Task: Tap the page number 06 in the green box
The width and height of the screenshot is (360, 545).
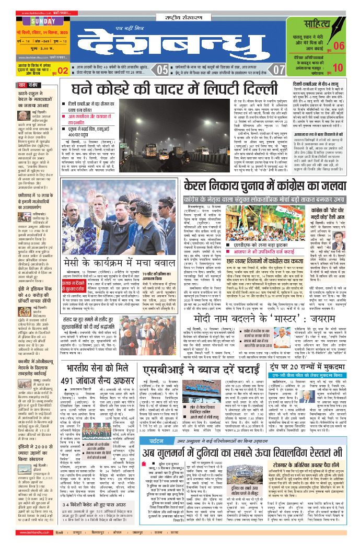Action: (339, 45)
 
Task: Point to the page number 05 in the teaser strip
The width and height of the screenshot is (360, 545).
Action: (163, 69)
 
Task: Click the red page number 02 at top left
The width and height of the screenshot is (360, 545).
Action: (63, 69)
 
